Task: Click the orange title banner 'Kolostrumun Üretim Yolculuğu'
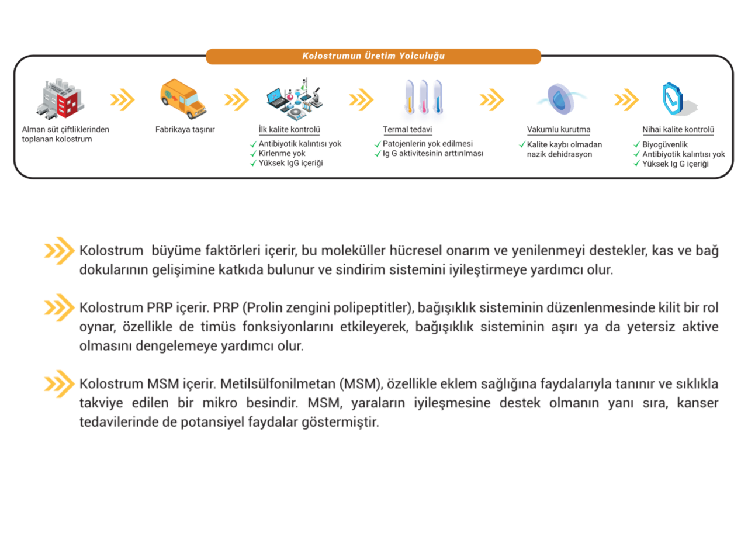(373, 56)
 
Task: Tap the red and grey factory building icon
(61, 99)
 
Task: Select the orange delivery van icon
(183, 98)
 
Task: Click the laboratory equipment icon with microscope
(295, 99)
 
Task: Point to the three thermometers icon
(423, 101)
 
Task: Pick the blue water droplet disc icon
(560, 98)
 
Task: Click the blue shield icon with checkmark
(673, 98)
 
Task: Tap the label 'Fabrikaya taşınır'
(185, 130)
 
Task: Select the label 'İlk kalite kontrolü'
(289, 130)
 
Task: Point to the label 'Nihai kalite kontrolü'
(678, 130)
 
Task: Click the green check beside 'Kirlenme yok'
(253, 154)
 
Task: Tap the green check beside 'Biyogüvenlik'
(636, 144)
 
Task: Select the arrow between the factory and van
(122, 99)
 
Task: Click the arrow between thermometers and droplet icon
(491, 99)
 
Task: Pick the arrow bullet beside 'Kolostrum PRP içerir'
(59, 307)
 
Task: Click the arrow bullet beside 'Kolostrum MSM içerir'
(59, 384)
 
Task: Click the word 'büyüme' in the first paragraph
(175, 251)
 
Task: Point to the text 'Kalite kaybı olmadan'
(564, 144)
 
